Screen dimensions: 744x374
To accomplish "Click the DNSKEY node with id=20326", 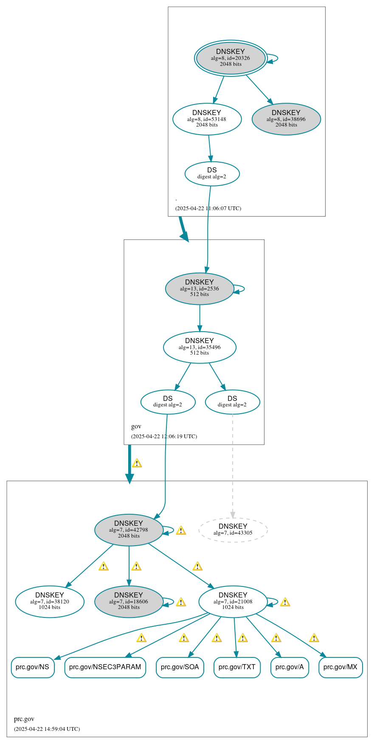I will pyautogui.click(x=231, y=58).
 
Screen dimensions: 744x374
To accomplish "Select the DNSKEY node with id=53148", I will pyautogui.click(x=207, y=119).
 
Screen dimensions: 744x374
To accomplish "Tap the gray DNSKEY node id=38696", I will pyautogui.click(x=286, y=119).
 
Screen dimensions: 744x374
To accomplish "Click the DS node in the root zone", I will pyautogui.click(x=212, y=173).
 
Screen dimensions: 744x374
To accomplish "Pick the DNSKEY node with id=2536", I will pyautogui.click(x=200, y=288).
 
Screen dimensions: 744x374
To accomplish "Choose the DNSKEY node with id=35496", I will pyautogui.click(x=200, y=347).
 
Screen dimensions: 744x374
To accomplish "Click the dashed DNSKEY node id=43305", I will pyautogui.click(x=233, y=530).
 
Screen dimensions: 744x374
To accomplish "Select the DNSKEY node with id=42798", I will pyautogui.click(x=129, y=530).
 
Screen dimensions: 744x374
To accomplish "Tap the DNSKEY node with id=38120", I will pyautogui.click(x=50, y=601).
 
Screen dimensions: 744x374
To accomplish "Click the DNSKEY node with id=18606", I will pyautogui.click(x=129, y=601).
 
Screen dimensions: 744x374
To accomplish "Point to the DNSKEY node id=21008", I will pyautogui.click(x=233, y=601).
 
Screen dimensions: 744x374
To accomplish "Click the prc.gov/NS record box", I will pyautogui.click(x=33, y=667).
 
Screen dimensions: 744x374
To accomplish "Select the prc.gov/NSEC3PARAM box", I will pyautogui.click(x=105, y=667).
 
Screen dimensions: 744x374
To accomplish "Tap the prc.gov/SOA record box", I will pyautogui.click(x=180, y=667).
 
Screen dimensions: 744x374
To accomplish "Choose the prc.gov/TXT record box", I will pyautogui.click(x=237, y=667).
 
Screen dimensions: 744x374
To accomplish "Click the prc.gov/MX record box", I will pyautogui.click(x=340, y=667).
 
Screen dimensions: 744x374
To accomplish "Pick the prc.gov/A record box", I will pyautogui.click(x=290, y=667).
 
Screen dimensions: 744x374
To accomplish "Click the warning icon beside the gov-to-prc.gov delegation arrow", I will pyautogui.click(x=137, y=463).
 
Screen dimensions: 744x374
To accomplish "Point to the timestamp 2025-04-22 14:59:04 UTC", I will pyautogui.click(x=47, y=729).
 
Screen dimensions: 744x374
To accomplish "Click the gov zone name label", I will pyautogui.click(x=136, y=426).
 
